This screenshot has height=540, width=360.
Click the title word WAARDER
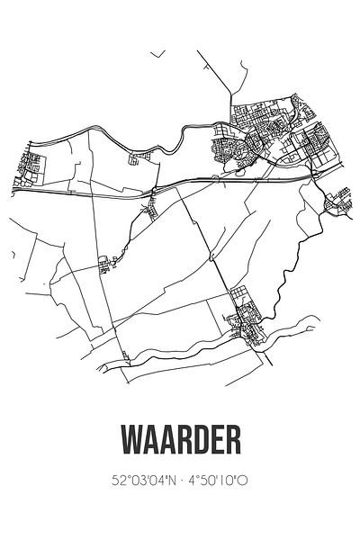click(x=180, y=443)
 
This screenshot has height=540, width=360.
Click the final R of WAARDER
click(x=235, y=443)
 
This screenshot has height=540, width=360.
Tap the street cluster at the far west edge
click(x=32, y=164)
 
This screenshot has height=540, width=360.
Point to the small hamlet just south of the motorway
click(x=147, y=212)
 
